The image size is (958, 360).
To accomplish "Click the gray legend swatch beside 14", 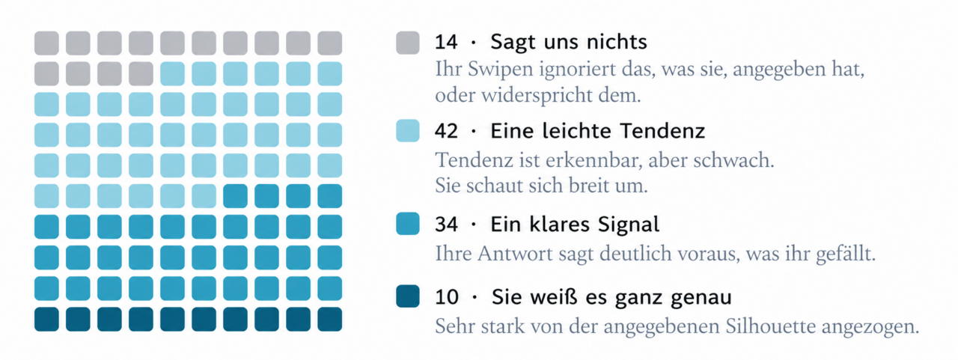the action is [408, 43].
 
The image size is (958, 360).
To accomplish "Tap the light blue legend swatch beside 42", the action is [408, 130].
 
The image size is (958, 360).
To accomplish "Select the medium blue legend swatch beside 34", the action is [408, 223].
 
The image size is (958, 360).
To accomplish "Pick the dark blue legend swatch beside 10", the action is [408, 296].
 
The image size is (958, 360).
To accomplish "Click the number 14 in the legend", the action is [446, 43].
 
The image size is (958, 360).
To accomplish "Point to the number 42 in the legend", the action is [446, 131].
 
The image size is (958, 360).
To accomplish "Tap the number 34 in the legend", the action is [446, 224].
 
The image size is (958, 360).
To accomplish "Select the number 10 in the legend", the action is [447, 296].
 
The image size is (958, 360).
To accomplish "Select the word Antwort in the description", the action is [509, 254].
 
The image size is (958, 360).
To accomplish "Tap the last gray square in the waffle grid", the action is [141, 73].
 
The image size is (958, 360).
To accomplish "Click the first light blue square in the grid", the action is [172, 73].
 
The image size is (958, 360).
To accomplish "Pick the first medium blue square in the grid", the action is [235, 196].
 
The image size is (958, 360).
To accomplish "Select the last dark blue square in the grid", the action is [330, 319].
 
